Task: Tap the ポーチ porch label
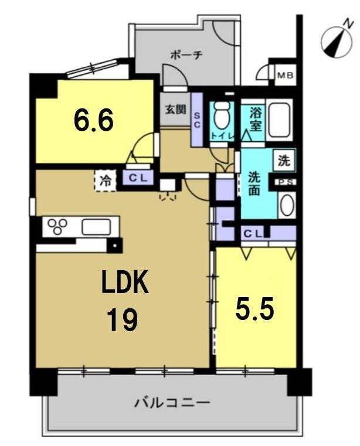(x=186, y=55)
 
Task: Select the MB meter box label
(x=286, y=76)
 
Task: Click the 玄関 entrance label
(x=176, y=110)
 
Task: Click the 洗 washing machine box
(x=284, y=161)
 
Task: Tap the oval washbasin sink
(x=287, y=205)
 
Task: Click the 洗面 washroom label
(x=254, y=184)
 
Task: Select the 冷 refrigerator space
(x=106, y=181)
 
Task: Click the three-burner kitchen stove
(x=57, y=226)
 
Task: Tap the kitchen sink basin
(x=96, y=227)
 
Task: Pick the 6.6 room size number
(x=94, y=120)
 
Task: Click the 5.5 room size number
(x=254, y=308)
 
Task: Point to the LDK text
(x=125, y=281)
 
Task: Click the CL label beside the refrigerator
(x=138, y=178)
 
